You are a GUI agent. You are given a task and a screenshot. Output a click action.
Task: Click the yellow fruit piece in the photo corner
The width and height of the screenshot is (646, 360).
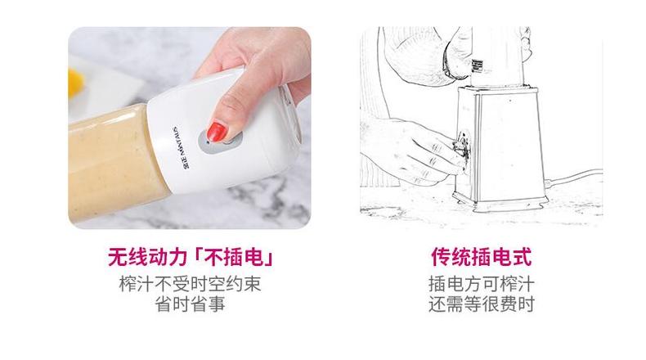point(76,79)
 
